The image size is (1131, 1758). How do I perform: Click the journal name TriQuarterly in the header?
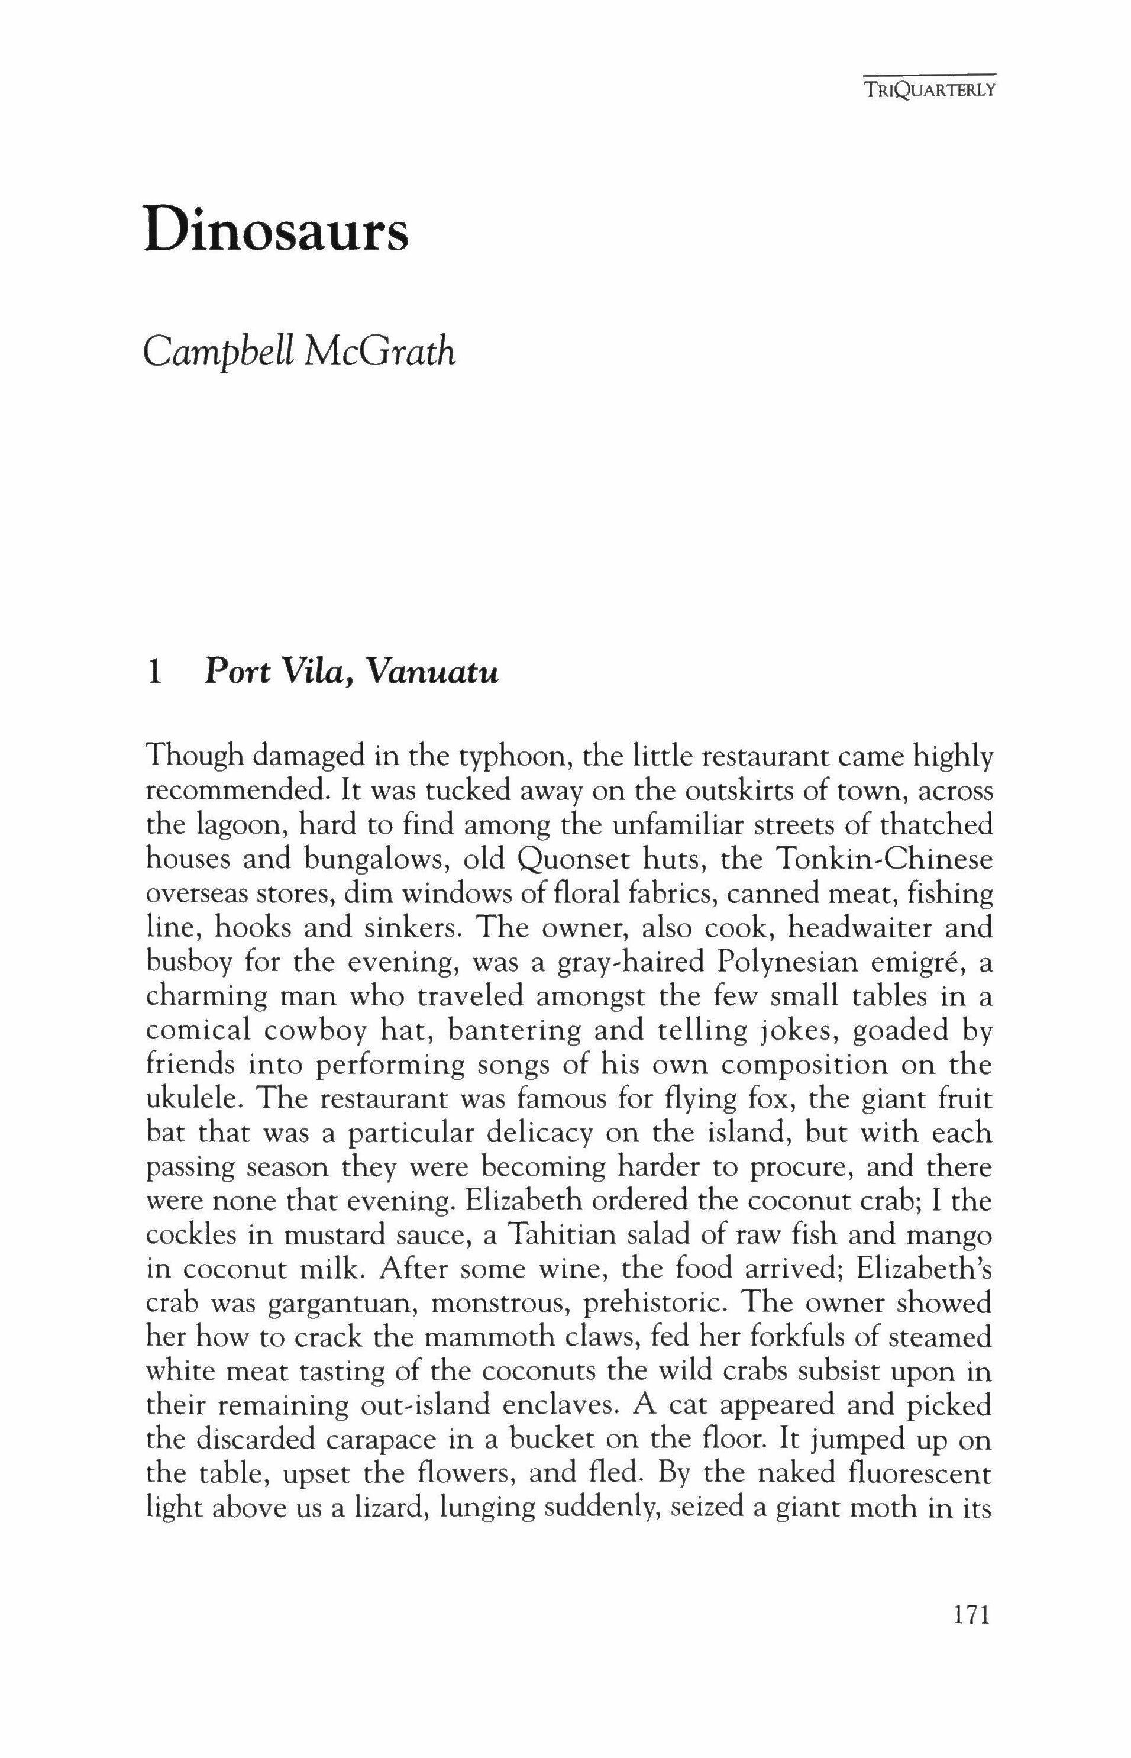pos(929,92)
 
